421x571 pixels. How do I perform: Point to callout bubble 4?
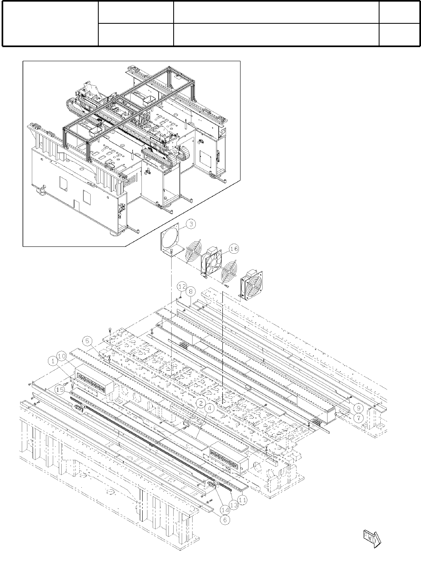click(209, 408)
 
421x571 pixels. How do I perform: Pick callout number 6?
click(225, 520)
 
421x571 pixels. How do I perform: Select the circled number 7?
click(357, 418)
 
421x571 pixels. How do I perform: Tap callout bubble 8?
click(191, 290)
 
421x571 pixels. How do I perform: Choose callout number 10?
click(62, 356)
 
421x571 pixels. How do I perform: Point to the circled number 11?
click(243, 500)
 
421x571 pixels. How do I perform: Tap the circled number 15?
click(60, 389)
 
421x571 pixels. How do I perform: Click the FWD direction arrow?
click(371, 538)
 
